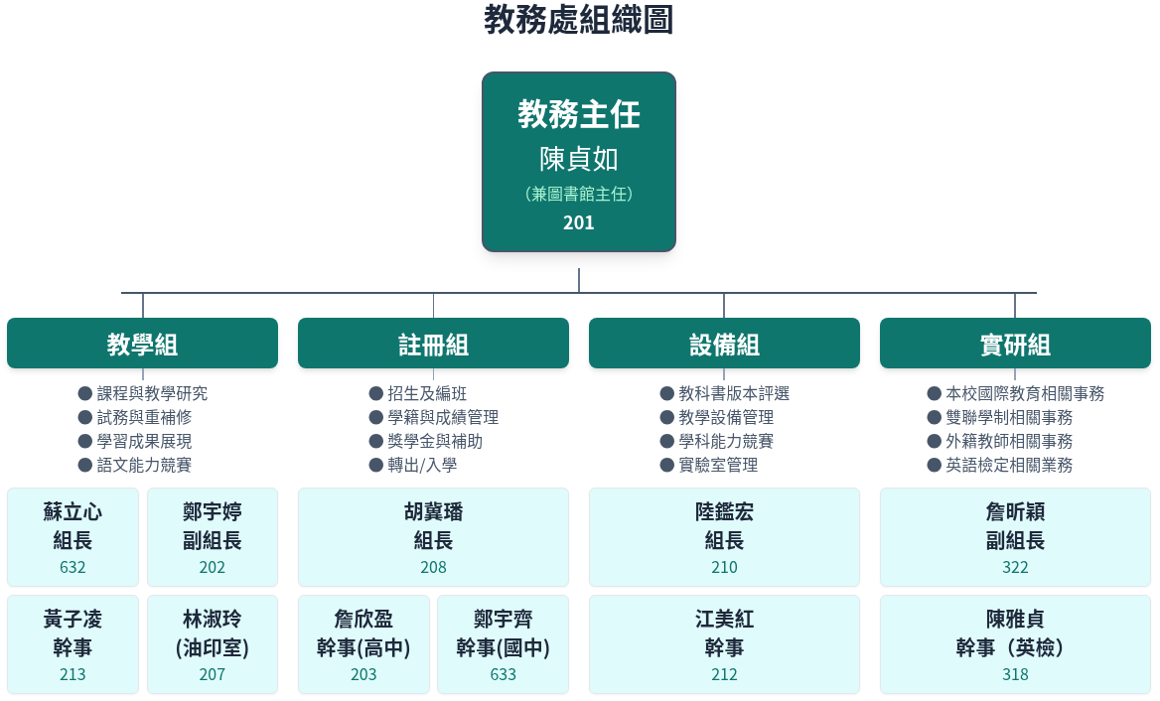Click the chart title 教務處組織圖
pyautogui.click(x=579, y=20)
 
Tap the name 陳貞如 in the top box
pyautogui.click(x=579, y=159)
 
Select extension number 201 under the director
pyautogui.click(x=579, y=222)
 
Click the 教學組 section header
pyautogui.click(x=143, y=344)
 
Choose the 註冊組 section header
pyautogui.click(x=434, y=344)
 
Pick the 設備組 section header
pyautogui.click(x=724, y=344)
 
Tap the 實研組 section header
pyautogui.click(x=1015, y=344)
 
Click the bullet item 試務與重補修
pyautogui.click(x=144, y=417)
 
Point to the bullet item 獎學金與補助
pyautogui.click(x=435, y=441)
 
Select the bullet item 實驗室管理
pyautogui.click(x=718, y=465)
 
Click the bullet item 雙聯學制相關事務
pyautogui.click(x=1009, y=417)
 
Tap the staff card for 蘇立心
pyautogui.click(x=73, y=537)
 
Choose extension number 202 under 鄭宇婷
pyautogui.click(x=213, y=567)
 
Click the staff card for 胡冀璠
pyautogui.click(x=434, y=537)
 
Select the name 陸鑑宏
pyautogui.click(x=724, y=511)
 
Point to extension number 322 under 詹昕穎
pyautogui.click(x=1015, y=567)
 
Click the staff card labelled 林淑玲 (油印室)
pyautogui.click(x=213, y=644)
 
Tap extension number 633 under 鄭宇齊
pyautogui.click(x=504, y=674)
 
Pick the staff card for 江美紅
pyautogui.click(x=724, y=644)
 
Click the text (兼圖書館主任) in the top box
pyautogui.click(x=579, y=194)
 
